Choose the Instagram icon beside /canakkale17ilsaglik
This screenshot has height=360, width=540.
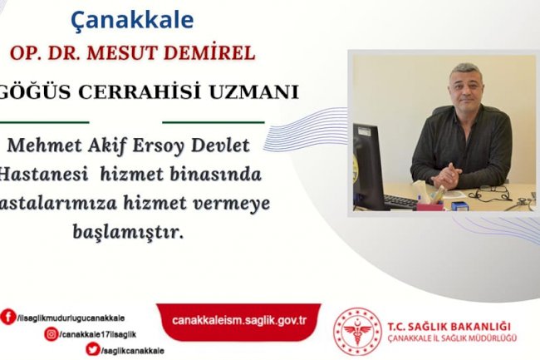click(x=52, y=334)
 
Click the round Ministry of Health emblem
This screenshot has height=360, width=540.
click(x=356, y=331)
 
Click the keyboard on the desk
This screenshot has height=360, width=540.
click(x=400, y=201)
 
